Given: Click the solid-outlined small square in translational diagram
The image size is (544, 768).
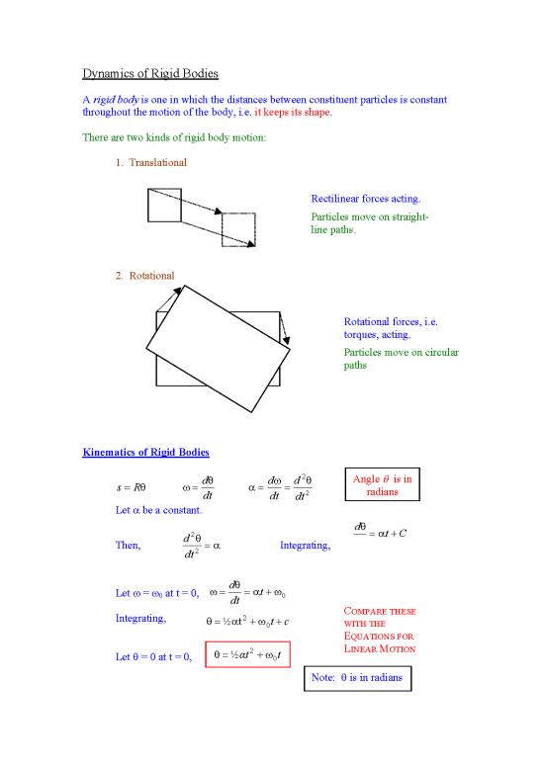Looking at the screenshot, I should pos(163,204).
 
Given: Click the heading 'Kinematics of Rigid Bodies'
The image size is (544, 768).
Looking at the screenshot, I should pos(144,453).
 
